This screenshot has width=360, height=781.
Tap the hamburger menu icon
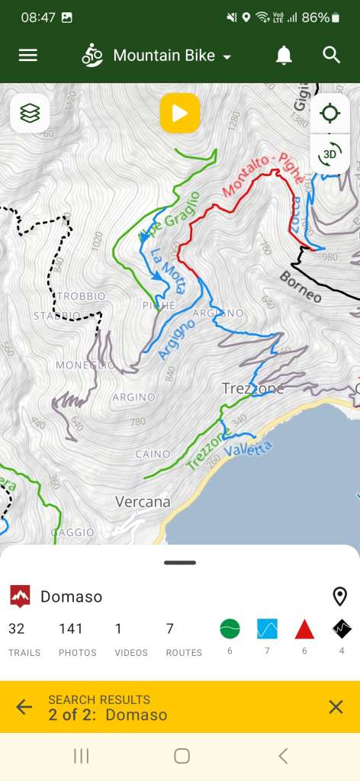[28, 55]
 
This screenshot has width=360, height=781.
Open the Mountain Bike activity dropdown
[156, 56]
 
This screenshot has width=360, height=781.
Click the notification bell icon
[284, 55]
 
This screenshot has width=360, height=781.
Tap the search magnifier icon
[331, 55]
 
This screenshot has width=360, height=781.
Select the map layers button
[30, 114]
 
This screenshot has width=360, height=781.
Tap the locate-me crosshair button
[329, 114]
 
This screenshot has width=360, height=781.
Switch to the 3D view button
[329, 154]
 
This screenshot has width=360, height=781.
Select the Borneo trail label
[300, 287]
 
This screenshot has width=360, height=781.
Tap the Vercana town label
[143, 502]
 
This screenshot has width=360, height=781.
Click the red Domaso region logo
[20, 596]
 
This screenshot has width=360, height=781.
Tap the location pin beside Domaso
[339, 596]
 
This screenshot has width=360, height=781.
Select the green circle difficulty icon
[230, 628]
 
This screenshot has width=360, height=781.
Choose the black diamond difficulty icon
[342, 628]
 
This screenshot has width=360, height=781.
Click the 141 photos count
[70, 629]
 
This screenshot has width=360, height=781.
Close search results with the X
[336, 707]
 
